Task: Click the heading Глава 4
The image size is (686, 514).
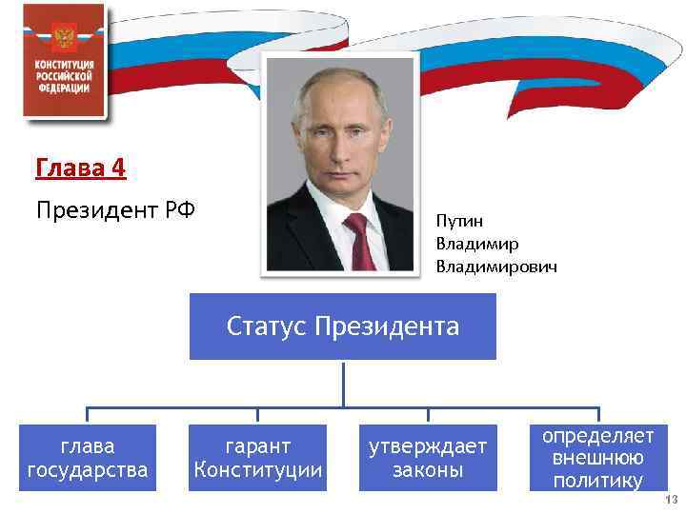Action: click(80, 168)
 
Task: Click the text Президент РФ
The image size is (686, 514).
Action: click(115, 209)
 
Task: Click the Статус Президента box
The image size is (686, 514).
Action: click(343, 327)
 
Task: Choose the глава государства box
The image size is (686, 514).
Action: click(88, 458)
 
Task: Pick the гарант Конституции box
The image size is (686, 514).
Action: click(258, 458)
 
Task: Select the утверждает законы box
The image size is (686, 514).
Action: click(428, 458)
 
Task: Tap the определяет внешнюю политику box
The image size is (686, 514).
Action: click(598, 458)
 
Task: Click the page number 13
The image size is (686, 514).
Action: click(671, 501)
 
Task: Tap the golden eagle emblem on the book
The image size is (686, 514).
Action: click(65, 38)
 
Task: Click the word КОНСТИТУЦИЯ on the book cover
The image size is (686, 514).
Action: click(65, 63)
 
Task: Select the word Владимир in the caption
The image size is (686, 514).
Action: click(477, 244)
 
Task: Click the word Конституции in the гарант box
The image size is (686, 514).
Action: click(258, 470)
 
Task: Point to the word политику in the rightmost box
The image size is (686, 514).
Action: click(598, 481)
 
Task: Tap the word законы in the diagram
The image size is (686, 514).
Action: click(428, 470)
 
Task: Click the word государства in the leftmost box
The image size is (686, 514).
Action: click(88, 470)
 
